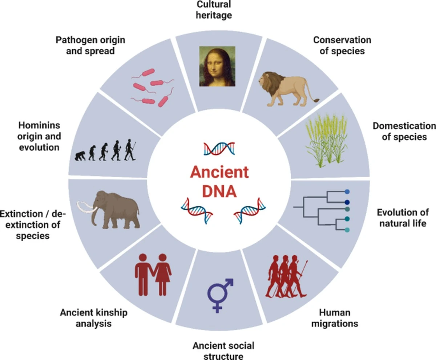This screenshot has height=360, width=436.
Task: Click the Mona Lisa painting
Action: [217, 66]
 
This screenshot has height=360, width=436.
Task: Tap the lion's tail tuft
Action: [316, 100]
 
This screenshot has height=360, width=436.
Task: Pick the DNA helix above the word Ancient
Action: [219, 149]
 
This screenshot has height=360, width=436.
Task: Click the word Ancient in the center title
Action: [219, 172]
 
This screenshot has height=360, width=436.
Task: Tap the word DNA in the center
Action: [219, 191]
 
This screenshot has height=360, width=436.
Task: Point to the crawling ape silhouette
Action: [80, 156]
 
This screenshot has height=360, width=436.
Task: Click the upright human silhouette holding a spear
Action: [130, 150]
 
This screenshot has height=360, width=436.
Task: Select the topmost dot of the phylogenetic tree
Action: [347, 191]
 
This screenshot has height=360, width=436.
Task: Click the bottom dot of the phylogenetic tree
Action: [347, 230]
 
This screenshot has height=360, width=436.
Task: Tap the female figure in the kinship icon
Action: [163, 274]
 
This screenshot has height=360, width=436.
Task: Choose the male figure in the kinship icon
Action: [143, 274]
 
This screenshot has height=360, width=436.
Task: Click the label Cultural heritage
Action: [214, 10]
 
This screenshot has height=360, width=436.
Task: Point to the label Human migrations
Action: [335, 318]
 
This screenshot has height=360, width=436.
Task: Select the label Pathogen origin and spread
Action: [90, 45]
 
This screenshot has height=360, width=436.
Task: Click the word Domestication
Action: [404, 126]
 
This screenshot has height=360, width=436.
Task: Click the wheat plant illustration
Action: [327, 141]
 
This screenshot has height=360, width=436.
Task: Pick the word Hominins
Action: [39, 125]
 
